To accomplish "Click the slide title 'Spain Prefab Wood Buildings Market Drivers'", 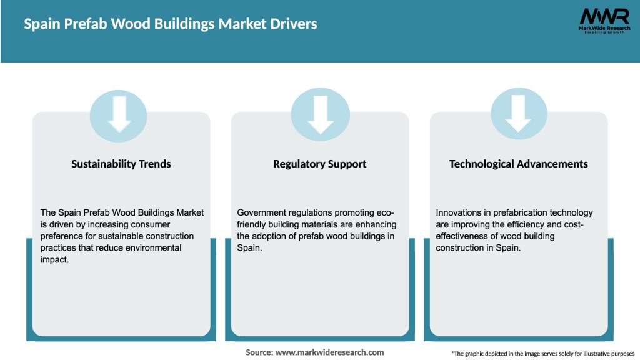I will (x=171, y=24).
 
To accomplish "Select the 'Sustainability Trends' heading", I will (x=121, y=164).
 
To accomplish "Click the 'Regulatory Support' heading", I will (x=319, y=164).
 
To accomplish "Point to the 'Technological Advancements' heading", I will (x=518, y=164).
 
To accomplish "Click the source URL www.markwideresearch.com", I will (x=330, y=352).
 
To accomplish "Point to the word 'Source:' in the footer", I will (x=259, y=352).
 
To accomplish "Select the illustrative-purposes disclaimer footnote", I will (x=542, y=354).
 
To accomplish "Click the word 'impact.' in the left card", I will (x=55, y=259).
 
